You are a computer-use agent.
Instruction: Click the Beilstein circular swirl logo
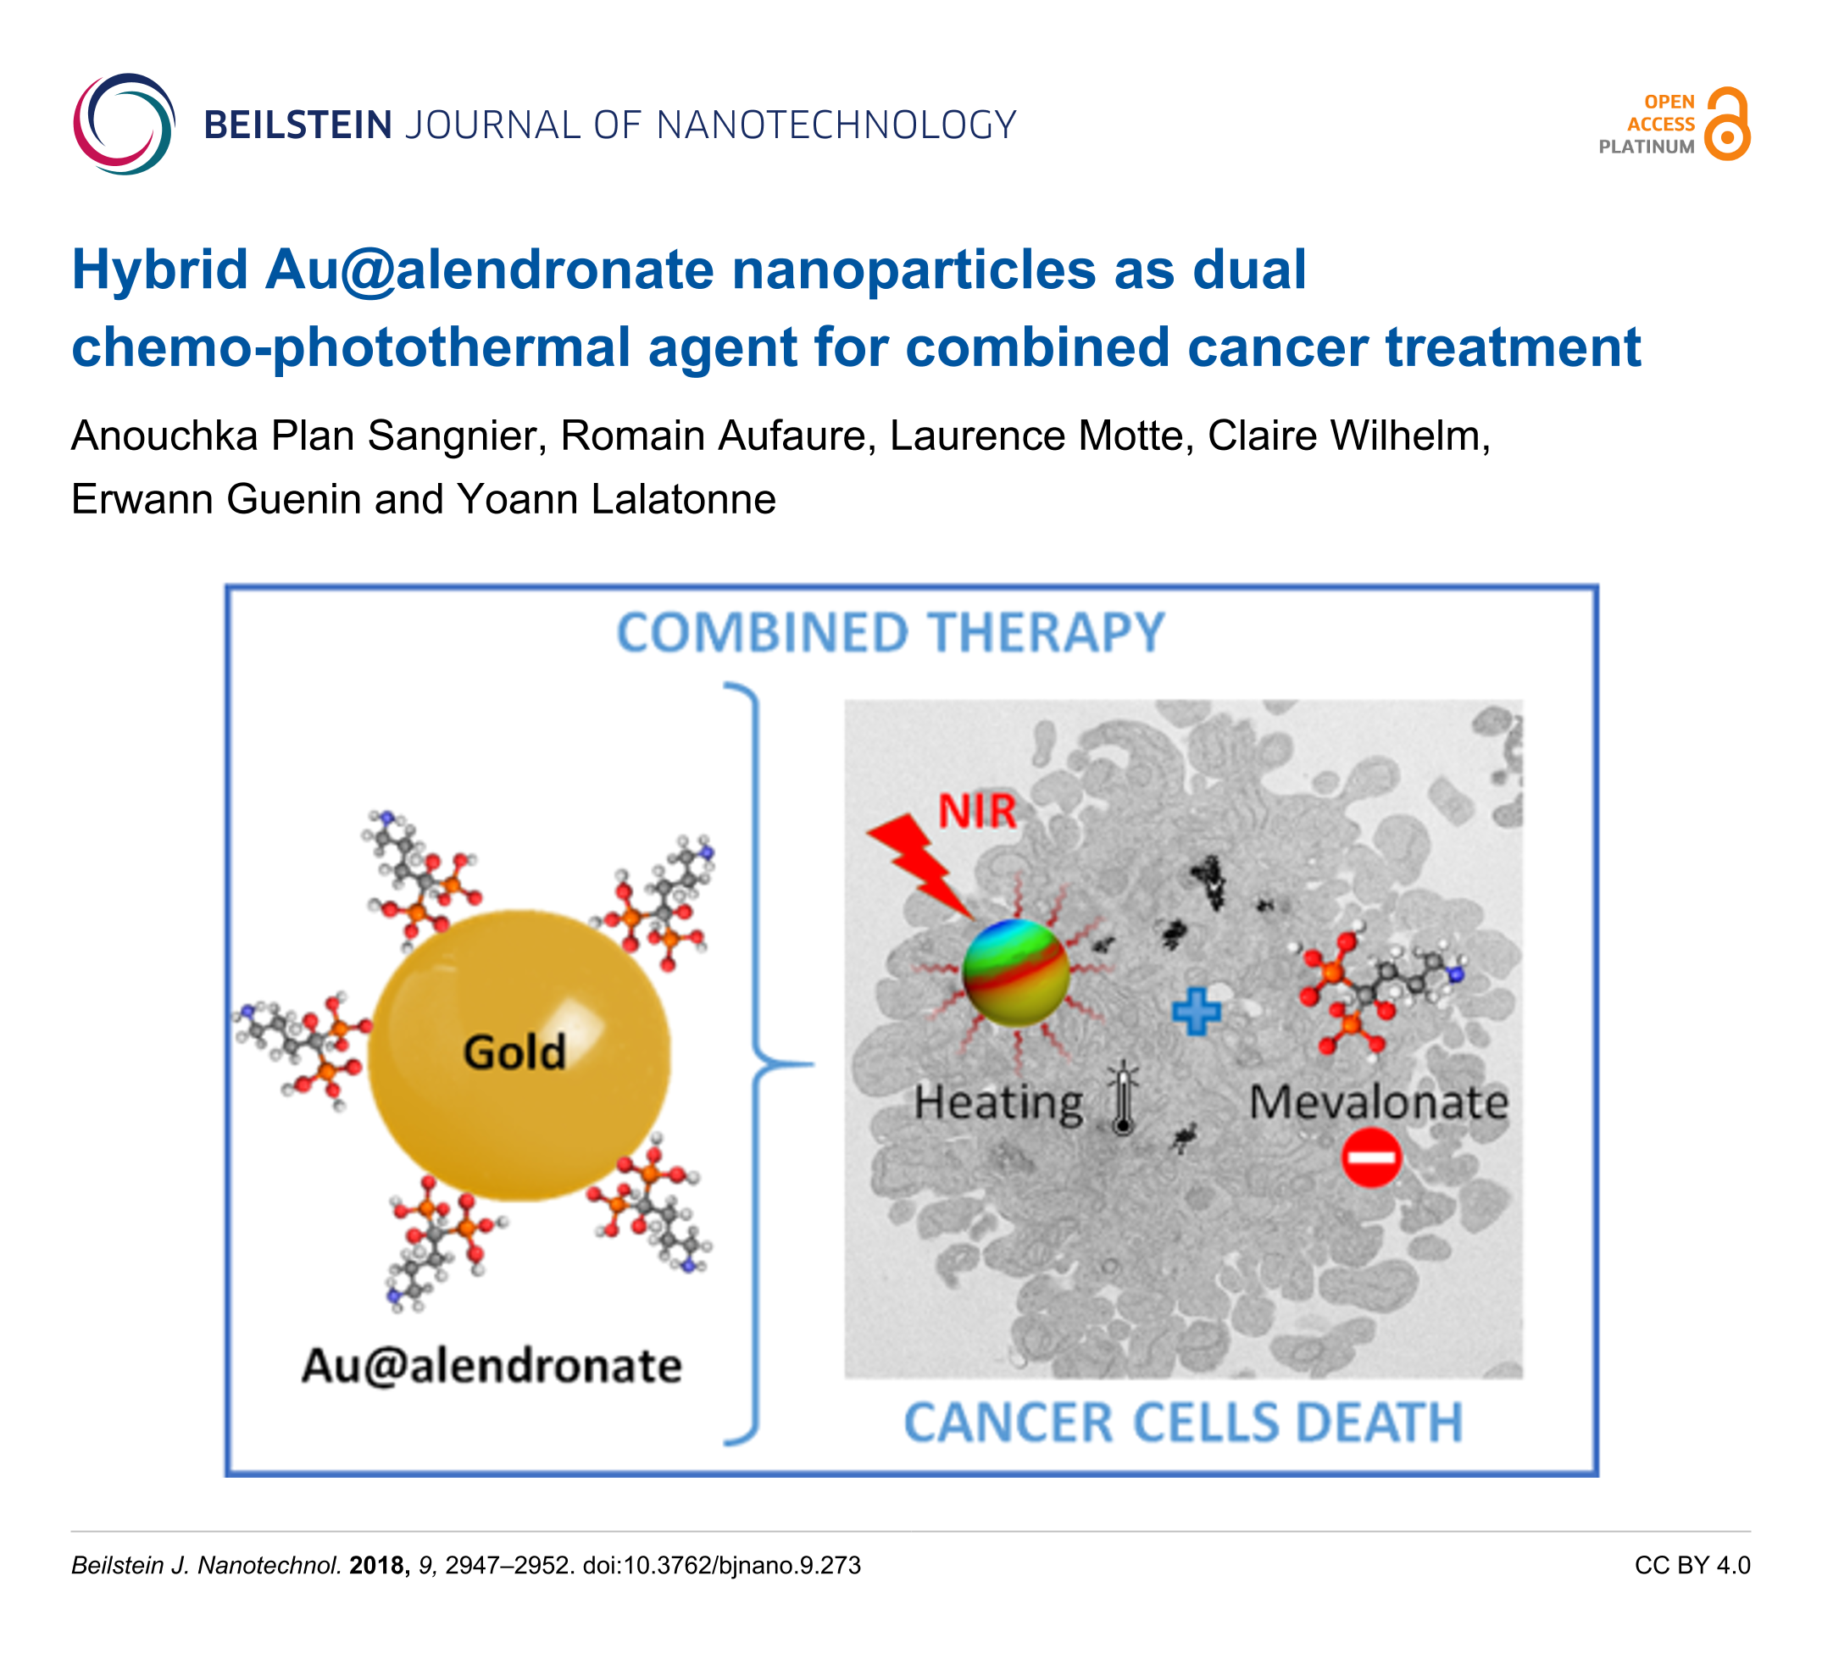click(x=124, y=124)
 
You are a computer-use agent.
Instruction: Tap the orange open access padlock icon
click(x=1727, y=125)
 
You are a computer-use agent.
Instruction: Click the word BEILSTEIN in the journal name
click(x=297, y=125)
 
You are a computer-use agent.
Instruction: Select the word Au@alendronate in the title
click(x=489, y=269)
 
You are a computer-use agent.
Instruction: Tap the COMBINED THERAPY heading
click(x=890, y=633)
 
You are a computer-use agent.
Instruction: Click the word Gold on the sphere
click(x=514, y=1051)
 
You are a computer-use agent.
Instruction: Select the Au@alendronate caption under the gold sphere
click(x=492, y=1364)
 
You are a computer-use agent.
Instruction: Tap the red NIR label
click(x=977, y=811)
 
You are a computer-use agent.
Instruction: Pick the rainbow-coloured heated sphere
click(x=1016, y=972)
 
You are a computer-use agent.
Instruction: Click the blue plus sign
click(x=1196, y=1011)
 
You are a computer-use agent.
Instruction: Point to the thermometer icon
click(x=1124, y=1098)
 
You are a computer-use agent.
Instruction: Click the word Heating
click(x=997, y=1103)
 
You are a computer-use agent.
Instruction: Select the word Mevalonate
click(x=1378, y=1102)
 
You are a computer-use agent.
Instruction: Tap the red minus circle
click(x=1371, y=1157)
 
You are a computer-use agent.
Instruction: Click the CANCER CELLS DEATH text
click(x=1183, y=1423)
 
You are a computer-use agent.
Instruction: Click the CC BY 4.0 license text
click(x=1691, y=1566)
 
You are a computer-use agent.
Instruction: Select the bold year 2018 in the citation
click(x=379, y=1566)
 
